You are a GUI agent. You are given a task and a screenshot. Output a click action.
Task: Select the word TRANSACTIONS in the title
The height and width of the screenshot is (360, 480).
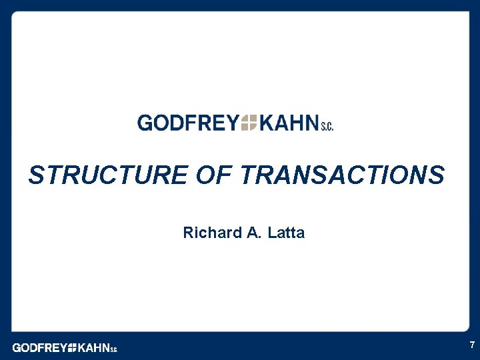343,175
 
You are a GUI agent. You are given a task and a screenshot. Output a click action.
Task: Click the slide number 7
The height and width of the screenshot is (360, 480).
472,345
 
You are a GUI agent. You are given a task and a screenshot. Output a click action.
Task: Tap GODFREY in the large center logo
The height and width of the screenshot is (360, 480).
187,123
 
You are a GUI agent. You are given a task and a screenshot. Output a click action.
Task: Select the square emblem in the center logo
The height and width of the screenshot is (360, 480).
249,123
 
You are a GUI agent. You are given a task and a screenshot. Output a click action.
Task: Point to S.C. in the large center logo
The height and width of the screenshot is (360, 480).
326,126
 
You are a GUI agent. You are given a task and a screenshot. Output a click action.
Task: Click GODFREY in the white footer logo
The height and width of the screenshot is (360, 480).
39,347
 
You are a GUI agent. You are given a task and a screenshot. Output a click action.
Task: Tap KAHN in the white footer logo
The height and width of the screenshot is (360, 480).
93,347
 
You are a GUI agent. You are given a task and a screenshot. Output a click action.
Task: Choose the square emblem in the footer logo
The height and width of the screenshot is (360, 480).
72,347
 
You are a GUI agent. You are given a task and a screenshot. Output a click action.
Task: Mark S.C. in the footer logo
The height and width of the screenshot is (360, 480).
113,349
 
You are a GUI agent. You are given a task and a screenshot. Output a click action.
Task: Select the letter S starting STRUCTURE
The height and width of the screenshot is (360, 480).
37,175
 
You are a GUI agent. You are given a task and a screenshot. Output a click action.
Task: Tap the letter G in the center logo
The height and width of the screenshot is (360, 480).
145,123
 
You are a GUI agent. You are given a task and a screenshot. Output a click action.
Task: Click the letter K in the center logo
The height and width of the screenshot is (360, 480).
267,123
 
